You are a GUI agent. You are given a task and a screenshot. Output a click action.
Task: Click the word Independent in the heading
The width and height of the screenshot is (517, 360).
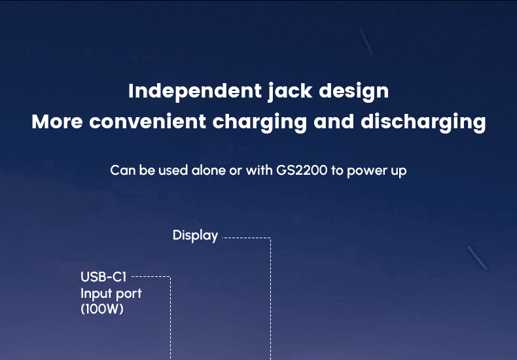point(195,92)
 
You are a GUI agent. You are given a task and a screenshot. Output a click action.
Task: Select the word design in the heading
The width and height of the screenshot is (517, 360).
point(354,92)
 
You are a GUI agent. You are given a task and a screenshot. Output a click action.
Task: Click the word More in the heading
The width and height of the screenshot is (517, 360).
point(57,122)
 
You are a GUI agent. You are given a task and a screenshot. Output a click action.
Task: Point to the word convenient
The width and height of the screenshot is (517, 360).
point(148,122)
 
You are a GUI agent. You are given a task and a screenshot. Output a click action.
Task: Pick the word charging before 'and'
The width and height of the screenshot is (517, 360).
point(260,122)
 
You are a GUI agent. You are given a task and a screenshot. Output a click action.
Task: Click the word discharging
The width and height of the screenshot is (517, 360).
point(423,122)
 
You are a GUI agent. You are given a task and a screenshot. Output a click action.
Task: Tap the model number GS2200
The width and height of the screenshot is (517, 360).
point(302,170)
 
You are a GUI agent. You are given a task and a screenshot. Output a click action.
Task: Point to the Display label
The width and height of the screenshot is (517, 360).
point(195,236)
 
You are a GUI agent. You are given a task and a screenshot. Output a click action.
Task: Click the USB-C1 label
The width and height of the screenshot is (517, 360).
point(103,277)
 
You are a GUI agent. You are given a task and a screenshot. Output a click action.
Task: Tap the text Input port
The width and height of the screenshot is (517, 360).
point(111,294)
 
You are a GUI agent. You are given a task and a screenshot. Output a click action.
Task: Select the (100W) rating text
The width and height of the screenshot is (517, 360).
point(102,309)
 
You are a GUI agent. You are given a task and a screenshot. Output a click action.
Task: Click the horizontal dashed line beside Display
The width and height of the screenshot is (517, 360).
point(247,238)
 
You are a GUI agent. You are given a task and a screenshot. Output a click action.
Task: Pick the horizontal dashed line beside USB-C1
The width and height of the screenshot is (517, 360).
point(151,277)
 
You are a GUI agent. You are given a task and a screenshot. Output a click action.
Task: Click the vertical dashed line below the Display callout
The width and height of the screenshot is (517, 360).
point(271,298)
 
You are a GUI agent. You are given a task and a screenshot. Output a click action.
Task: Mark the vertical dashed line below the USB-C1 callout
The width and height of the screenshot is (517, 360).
point(170,318)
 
